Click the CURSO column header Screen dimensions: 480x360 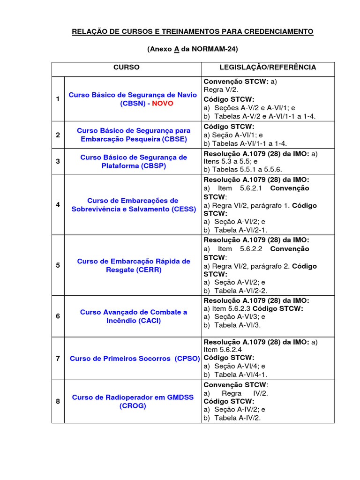pos(126,67)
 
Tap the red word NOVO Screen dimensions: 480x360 pos(162,103)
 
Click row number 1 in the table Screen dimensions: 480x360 pos(58,99)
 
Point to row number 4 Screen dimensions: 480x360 pos(58,205)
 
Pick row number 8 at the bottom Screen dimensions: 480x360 pos(58,401)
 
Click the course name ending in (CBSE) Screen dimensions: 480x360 pos(134,135)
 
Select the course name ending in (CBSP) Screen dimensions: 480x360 pos(134,161)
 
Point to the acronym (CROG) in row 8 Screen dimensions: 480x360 pos(133,406)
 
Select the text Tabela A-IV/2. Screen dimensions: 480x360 pos(237,418)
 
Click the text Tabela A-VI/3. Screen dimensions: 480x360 pos(237,325)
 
